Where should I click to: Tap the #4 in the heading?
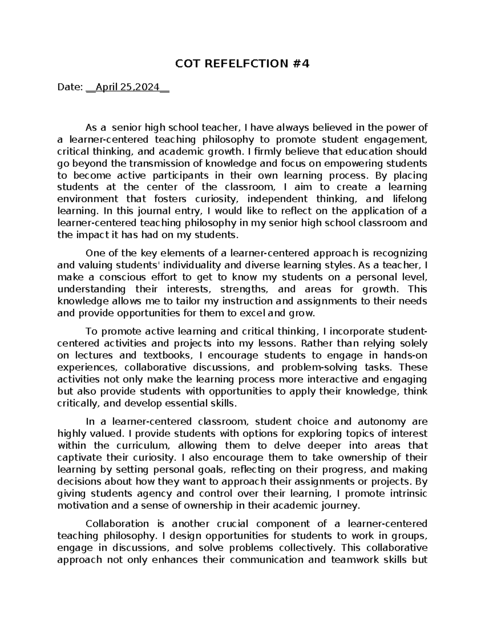pyautogui.click(x=300, y=64)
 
